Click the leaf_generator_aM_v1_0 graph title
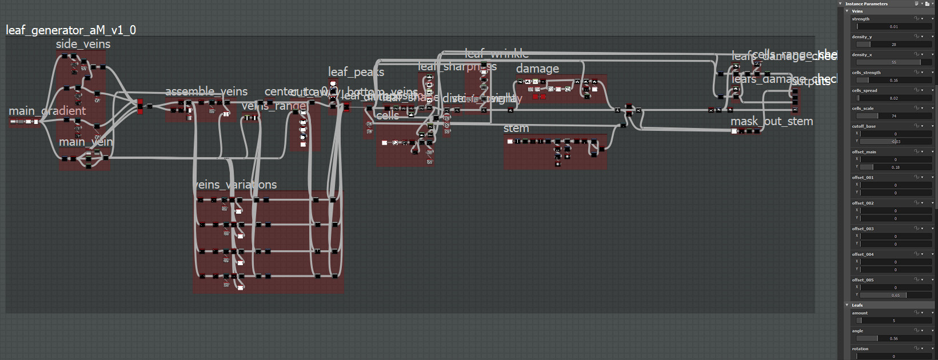click(71, 30)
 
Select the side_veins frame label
click(83, 44)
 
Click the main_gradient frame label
click(47, 111)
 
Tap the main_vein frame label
click(86, 142)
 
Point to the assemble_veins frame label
click(206, 91)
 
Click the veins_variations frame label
click(236, 185)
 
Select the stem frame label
click(516, 129)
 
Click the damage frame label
click(537, 69)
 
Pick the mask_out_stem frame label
click(772, 121)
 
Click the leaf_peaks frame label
click(356, 72)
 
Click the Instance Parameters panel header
click(867, 3)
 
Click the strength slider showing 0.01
click(893, 26)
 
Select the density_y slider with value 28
click(893, 44)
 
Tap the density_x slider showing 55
click(893, 62)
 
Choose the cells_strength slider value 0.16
click(893, 80)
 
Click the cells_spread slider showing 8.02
click(893, 98)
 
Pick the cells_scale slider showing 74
click(893, 116)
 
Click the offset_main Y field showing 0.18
click(895, 167)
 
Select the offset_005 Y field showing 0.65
click(895, 295)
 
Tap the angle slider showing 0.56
click(893, 338)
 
